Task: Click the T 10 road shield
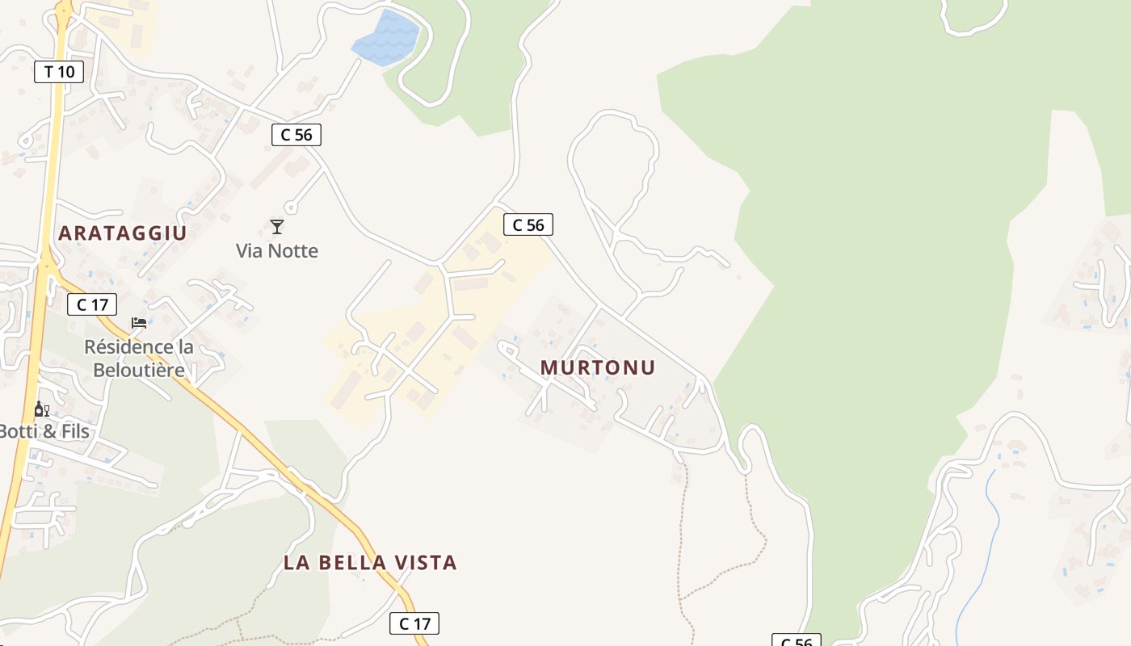(59, 72)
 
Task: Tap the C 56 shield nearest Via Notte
(296, 135)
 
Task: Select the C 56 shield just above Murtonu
(528, 225)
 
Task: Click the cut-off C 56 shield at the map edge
(797, 641)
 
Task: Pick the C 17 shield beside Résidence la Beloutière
(92, 305)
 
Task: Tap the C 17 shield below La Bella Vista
(415, 623)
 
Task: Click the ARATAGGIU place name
(123, 233)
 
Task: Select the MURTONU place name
(598, 367)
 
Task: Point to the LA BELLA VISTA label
(370, 563)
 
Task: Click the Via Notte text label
(277, 251)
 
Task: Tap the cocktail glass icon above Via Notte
(277, 227)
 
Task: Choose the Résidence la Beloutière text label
(139, 359)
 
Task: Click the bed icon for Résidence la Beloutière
(139, 323)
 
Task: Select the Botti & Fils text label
(44, 431)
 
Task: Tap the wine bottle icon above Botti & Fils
(41, 409)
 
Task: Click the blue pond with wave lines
(387, 38)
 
